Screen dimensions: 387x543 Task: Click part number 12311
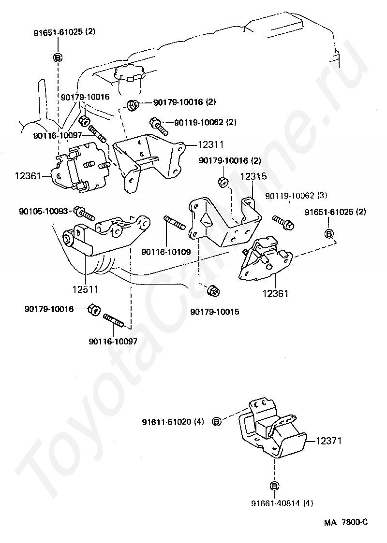tap(211, 144)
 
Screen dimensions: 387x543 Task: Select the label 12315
tap(254, 176)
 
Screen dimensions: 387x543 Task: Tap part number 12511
tap(85, 289)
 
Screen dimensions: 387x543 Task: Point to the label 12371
tap(329, 441)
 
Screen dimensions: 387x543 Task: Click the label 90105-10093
tap(44, 211)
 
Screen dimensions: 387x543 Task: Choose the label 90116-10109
tap(166, 252)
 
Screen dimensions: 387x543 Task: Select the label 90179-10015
tap(215, 312)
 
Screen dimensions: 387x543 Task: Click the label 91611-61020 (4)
tap(173, 422)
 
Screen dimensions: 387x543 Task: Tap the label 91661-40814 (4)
tap(282, 503)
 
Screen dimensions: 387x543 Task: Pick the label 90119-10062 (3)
tap(296, 196)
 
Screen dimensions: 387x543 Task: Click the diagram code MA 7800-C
tap(346, 522)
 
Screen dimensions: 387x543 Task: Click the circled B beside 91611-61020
tap(216, 421)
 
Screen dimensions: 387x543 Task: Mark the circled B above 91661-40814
tap(274, 486)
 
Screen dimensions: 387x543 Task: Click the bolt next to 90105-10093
tap(84, 213)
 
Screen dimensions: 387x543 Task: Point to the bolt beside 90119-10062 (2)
tap(159, 126)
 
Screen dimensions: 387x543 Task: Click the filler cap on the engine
tap(130, 73)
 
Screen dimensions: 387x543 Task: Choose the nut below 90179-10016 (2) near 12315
tap(223, 182)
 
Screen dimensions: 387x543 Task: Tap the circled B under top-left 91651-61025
tap(58, 57)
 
